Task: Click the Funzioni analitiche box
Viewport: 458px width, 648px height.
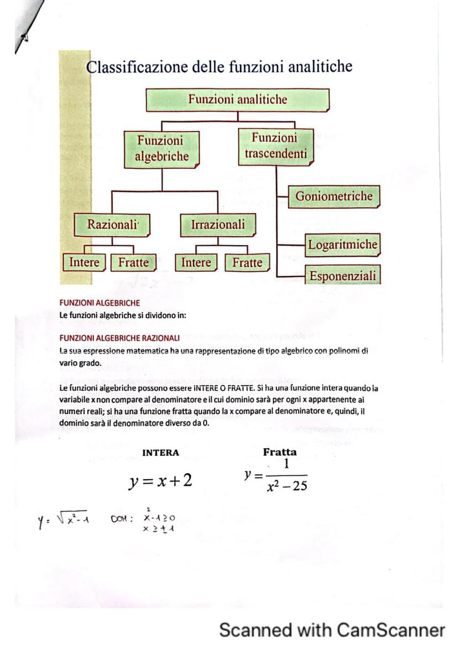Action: pyautogui.click(x=238, y=100)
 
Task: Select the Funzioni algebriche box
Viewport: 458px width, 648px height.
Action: pyautogui.click(x=162, y=149)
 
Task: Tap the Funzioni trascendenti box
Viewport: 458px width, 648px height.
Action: pyautogui.click(x=275, y=146)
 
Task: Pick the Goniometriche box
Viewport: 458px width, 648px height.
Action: pyautogui.click(x=334, y=196)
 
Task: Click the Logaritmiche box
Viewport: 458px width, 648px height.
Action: pyautogui.click(x=342, y=245)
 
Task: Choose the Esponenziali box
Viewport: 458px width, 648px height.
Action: pyautogui.click(x=342, y=276)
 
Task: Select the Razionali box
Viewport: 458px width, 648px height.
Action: pyautogui.click(x=112, y=225)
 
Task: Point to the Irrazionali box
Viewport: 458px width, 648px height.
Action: pyautogui.click(x=218, y=225)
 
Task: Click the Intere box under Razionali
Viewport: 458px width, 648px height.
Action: pyautogui.click(x=84, y=262)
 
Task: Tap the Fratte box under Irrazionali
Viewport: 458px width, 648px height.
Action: pyautogui.click(x=247, y=263)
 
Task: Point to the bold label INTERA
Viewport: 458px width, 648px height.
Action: pyautogui.click(x=160, y=453)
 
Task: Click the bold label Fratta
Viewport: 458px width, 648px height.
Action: pyautogui.click(x=280, y=452)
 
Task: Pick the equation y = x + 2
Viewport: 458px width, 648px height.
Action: pyautogui.click(x=160, y=481)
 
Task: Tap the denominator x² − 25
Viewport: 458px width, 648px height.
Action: pyautogui.click(x=286, y=486)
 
